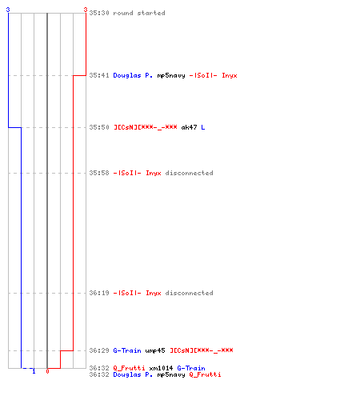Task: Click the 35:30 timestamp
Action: click(99, 13)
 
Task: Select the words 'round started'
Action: click(139, 13)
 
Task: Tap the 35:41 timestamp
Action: click(99, 75)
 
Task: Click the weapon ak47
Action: click(189, 127)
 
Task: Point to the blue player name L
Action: click(203, 127)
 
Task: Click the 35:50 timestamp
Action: click(99, 127)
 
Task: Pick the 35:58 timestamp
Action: click(99, 173)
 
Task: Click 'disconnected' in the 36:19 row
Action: click(189, 293)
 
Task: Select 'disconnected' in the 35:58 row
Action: click(189, 173)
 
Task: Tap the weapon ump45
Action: click(155, 350)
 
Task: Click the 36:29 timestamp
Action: click(99, 350)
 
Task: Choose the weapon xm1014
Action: click(161, 368)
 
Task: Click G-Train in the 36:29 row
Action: click(127, 350)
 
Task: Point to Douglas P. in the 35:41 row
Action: click(133, 75)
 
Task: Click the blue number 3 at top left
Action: click(8, 10)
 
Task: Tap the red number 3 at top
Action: click(86, 10)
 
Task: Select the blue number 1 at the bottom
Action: click(34, 371)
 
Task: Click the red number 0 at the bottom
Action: click(47, 371)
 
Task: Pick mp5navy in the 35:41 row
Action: click(171, 76)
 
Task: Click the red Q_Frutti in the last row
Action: click(205, 374)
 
